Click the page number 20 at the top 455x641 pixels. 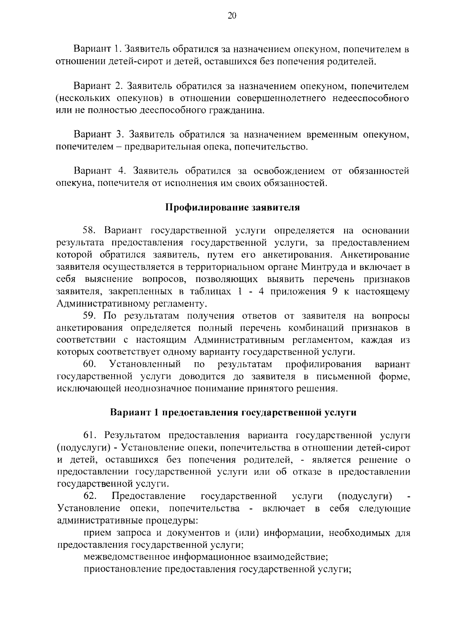(232, 16)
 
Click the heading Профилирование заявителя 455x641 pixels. (233, 208)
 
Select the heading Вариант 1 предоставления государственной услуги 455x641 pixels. (233, 413)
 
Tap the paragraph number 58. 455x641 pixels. (91, 231)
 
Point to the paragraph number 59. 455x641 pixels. (91, 316)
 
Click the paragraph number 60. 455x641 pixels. (91, 365)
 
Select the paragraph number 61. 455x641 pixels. (91, 435)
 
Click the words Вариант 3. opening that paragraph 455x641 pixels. (99, 134)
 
